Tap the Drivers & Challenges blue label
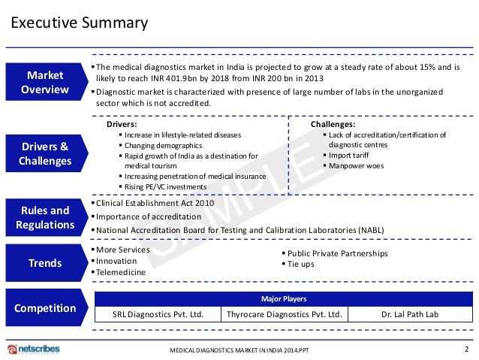click(45, 153)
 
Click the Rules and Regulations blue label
click(45, 217)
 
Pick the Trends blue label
click(45, 262)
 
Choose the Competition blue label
click(45, 308)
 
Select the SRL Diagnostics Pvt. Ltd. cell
click(158, 315)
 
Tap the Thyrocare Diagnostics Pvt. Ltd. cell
click(284, 315)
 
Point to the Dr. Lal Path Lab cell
click(410, 315)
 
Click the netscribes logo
click(33, 349)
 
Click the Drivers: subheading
click(122, 125)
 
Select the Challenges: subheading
click(333, 125)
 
